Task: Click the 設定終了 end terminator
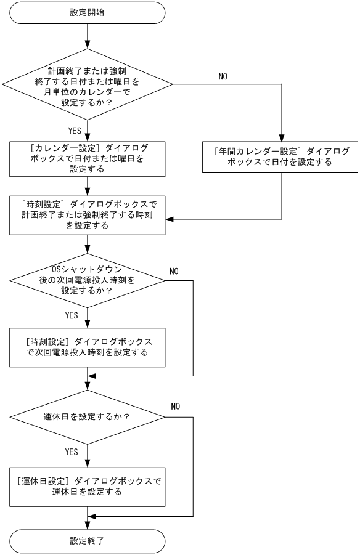(x=89, y=541)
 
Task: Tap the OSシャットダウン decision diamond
(x=89, y=281)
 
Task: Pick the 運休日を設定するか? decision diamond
(x=89, y=416)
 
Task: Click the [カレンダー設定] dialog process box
(x=89, y=159)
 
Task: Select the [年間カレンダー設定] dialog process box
(x=281, y=157)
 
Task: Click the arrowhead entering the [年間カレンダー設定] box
(x=281, y=137)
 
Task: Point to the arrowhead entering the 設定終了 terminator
(x=89, y=525)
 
